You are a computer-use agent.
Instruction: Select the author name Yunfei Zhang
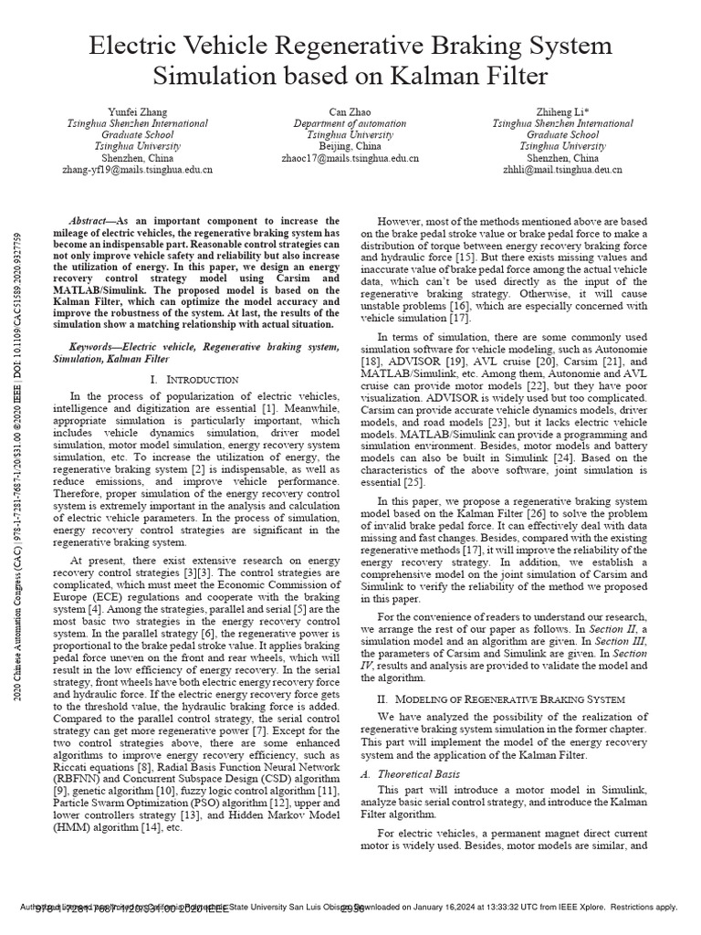coord(137,111)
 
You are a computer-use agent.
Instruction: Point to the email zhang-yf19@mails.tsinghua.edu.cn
coord(137,170)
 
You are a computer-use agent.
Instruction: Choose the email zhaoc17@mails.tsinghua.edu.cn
coord(350,158)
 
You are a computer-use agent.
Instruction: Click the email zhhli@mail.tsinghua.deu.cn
coord(562,170)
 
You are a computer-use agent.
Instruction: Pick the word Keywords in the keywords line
coord(95,347)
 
